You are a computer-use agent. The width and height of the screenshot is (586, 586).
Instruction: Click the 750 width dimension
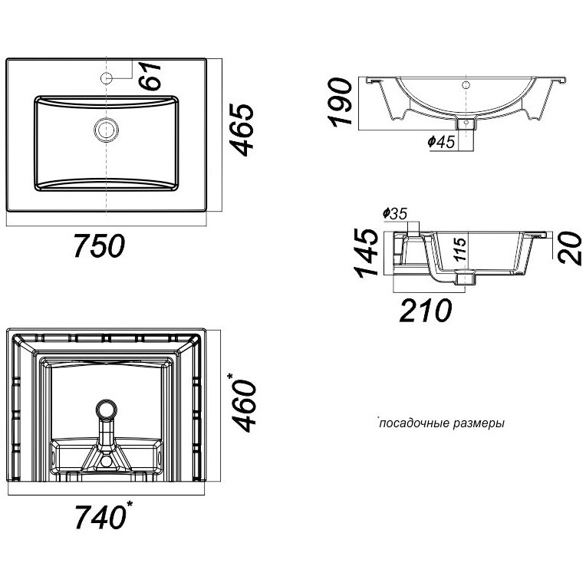[100, 245]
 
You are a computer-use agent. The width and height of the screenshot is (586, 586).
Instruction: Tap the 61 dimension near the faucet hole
[150, 76]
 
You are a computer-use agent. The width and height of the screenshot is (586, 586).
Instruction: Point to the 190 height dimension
[340, 101]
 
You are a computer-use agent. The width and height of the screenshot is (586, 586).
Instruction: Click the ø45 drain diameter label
[441, 142]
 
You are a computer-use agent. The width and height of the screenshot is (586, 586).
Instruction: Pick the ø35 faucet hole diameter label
[395, 214]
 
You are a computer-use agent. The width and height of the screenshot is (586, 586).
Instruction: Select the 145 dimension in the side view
[367, 253]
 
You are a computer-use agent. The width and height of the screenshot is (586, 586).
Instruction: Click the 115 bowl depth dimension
[461, 249]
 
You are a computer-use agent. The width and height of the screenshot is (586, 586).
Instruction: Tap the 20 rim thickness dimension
[570, 249]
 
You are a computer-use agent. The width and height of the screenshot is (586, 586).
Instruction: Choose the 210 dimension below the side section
[426, 310]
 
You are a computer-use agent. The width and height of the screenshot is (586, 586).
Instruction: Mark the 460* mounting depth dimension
[244, 402]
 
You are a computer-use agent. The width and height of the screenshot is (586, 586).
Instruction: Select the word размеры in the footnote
[479, 424]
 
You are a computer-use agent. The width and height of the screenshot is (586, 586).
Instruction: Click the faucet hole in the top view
[107, 78]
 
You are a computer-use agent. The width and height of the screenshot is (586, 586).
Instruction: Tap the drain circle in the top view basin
[107, 130]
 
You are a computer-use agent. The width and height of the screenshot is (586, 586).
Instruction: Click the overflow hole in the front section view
[466, 85]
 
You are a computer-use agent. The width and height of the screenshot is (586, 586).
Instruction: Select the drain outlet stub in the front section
[466, 123]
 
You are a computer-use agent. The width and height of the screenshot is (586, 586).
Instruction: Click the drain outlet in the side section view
[465, 278]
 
